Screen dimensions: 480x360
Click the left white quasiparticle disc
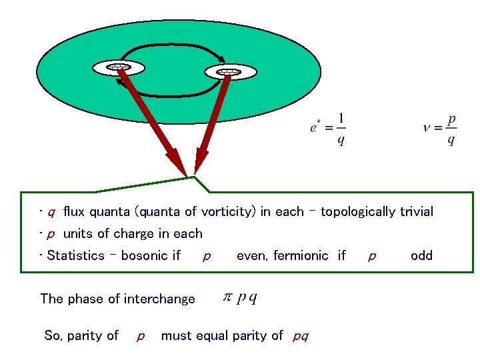pyautogui.click(x=119, y=67)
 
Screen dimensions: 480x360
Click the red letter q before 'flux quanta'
pyautogui.click(x=51, y=213)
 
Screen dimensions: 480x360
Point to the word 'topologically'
pyautogui.click(x=359, y=212)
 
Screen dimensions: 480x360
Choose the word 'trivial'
pyautogui.click(x=417, y=212)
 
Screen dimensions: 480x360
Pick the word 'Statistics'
pyautogui.click(x=76, y=255)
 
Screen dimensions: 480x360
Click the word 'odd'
pyautogui.click(x=421, y=255)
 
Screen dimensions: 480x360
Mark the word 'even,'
pyautogui.click(x=253, y=255)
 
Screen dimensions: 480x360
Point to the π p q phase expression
pyautogui.click(x=239, y=297)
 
